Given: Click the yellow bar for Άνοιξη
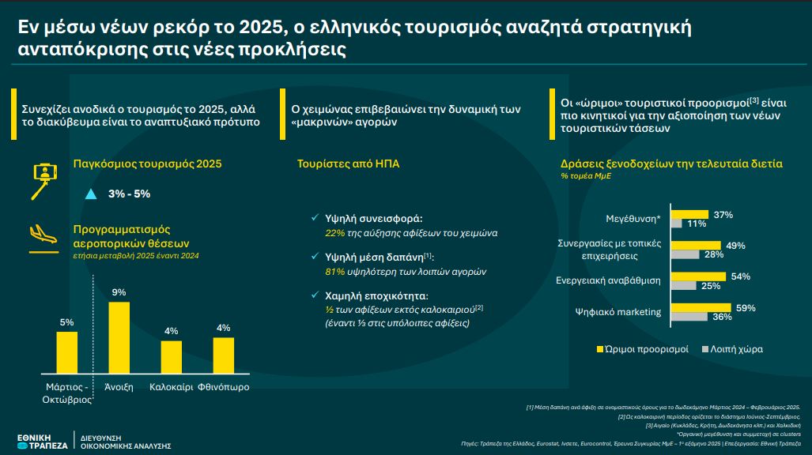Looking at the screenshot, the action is tap(119, 337).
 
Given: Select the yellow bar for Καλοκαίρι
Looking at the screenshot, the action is tap(172, 356).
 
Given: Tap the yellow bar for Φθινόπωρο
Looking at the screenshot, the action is tap(224, 355).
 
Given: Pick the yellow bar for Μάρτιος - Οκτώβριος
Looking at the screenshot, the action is tap(66, 352).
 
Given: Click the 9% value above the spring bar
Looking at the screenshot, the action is tap(119, 292).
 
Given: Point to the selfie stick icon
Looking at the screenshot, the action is tap(44, 181).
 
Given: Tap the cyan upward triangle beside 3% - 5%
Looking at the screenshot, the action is tap(91, 194).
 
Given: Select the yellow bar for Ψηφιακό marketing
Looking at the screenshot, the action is tap(701, 308).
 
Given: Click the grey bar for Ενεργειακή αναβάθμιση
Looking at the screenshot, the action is tap(684, 286).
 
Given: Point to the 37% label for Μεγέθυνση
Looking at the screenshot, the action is tap(723, 215).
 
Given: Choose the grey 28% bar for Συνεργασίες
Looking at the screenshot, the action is tap(685, 254).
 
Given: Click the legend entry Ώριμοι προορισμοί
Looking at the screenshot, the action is tap(643, 349).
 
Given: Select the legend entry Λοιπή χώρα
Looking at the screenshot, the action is tap(732, 349).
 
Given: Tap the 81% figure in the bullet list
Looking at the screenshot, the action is tap(335, 272).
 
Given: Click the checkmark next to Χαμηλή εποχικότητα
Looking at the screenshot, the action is tap(315, 295).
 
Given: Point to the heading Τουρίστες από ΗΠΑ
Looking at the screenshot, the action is tap(348, 164).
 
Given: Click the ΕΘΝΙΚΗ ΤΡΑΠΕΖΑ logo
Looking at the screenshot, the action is tap(43, 442).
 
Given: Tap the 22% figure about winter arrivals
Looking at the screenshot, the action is tap(335, 234).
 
